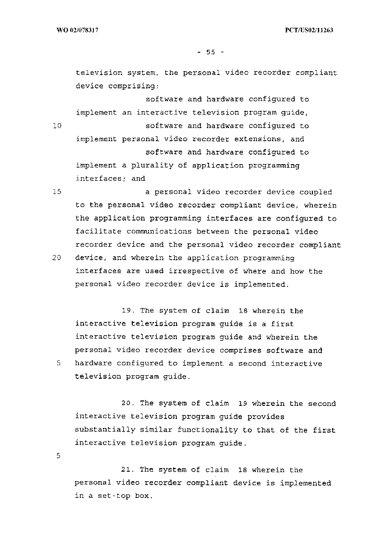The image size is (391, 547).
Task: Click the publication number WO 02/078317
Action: pyautogui.click(x=78, y=30)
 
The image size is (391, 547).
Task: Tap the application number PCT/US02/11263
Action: pyautogui.click(x=309, y=30)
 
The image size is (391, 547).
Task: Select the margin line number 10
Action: pyautogui.click(x=57, y=126)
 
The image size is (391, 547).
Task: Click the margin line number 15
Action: pyautogui.click(x=57, y=192)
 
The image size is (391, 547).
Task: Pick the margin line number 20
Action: pyautogui.click(x=57, y=258)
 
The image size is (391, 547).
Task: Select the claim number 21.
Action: pyautogui.click(x=127, y=470)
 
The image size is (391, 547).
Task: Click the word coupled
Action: pyautogui.click(x=316, y=192)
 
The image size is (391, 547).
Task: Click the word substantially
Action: pyautogui.click(x=105, y=430)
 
